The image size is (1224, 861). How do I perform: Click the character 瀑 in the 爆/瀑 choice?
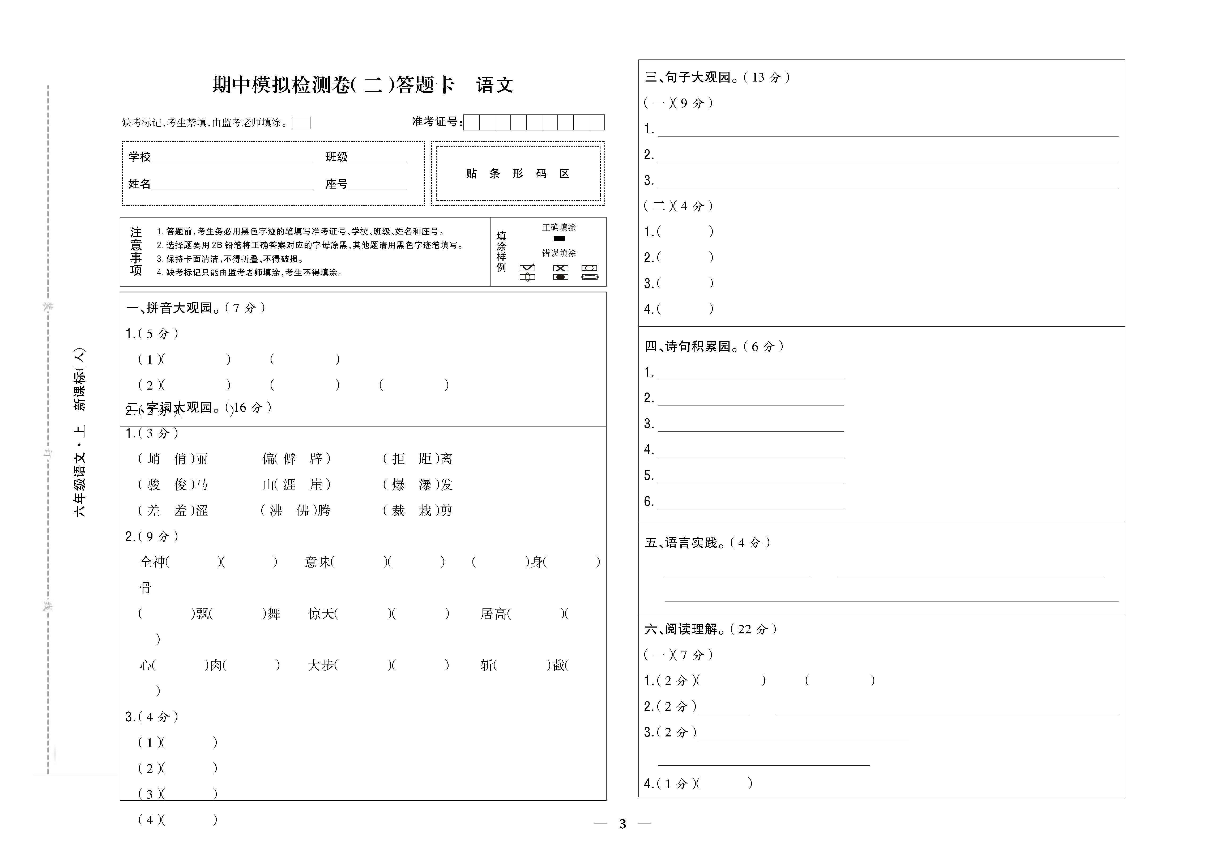tap(425, 485)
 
